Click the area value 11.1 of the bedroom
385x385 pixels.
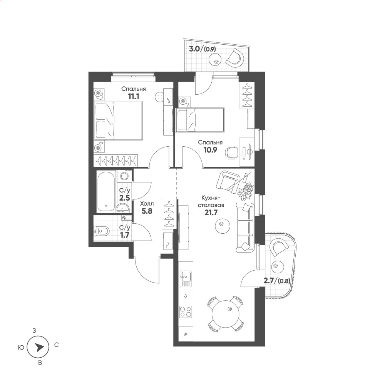133,97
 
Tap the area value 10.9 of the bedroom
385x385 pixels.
210,150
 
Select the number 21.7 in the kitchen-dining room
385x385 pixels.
211,213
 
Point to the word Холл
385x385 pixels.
147,204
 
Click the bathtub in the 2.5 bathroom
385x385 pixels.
106,191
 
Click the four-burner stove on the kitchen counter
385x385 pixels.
186,311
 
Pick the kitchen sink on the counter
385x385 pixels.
186,278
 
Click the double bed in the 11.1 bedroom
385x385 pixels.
118,121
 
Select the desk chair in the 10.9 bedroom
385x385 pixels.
231,152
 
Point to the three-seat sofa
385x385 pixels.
245,228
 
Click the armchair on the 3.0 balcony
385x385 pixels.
235,58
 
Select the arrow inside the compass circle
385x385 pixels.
39,347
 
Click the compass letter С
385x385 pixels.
57,345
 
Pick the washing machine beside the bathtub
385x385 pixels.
124,176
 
